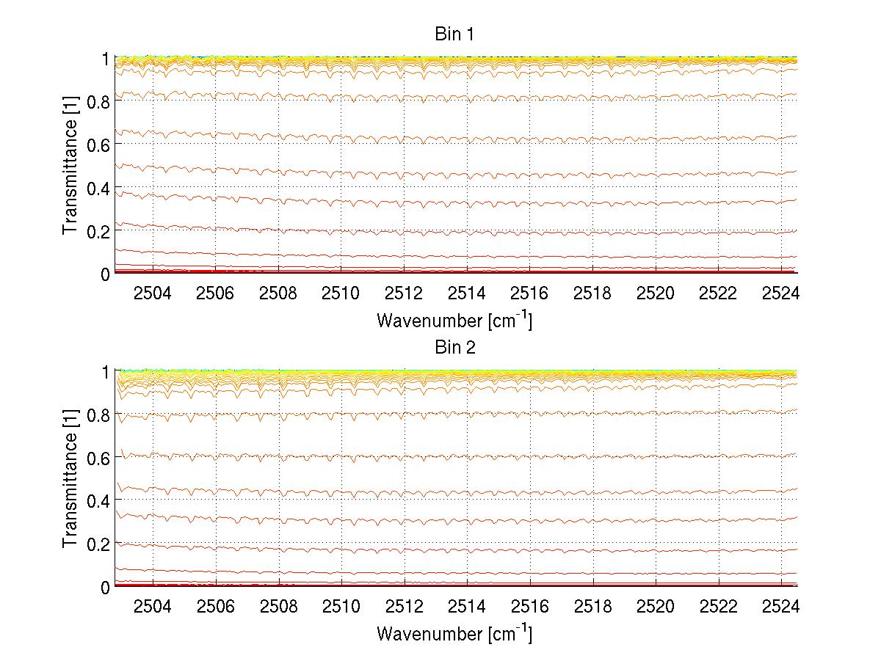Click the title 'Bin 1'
click(455, 34)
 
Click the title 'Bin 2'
click(455, 348)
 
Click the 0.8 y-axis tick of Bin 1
click(98, 101)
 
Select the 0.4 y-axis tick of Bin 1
click(98, 188)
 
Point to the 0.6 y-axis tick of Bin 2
click(98, 458)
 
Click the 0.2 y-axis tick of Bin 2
click(98, 544)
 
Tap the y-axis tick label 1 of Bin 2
click(105, 372)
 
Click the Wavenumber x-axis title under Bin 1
click(454, 320)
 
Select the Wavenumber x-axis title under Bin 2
click(454, 633)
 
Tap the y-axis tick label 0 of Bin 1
click(105, 274)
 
